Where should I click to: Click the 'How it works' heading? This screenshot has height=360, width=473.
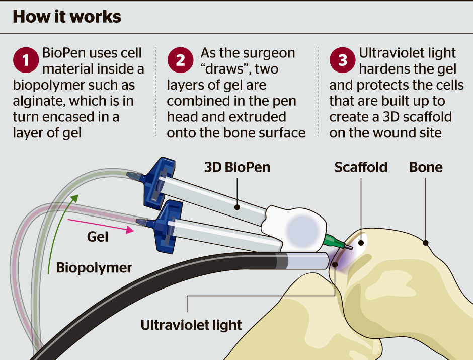(x=66, y=17)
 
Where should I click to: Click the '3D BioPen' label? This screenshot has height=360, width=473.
(x=237, y=167)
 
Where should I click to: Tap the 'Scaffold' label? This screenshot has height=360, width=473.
(x=361, y=167)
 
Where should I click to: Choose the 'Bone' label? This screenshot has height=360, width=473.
(x=426, y=167)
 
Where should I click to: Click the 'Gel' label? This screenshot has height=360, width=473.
(x=98, y=237)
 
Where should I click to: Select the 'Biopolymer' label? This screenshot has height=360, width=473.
(x=94, y=267)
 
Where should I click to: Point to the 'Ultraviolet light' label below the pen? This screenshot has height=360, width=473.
(x=191, y=325)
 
